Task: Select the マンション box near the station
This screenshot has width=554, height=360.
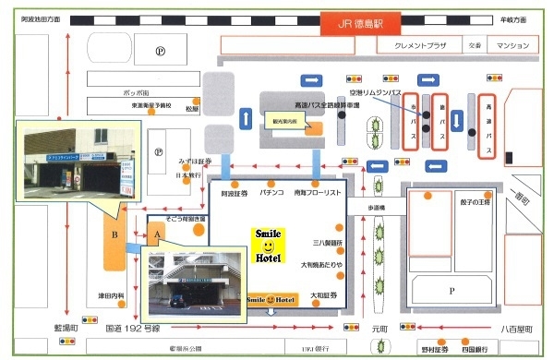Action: [x=511, y=44]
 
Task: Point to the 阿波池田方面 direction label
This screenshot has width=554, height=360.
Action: [x=40, y=18]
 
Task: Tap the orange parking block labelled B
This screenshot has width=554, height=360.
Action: [x=114, y=234]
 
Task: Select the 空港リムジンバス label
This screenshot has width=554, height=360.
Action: [x=379, y=93]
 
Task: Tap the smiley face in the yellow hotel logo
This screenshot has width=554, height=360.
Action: [x=268, y=247]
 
